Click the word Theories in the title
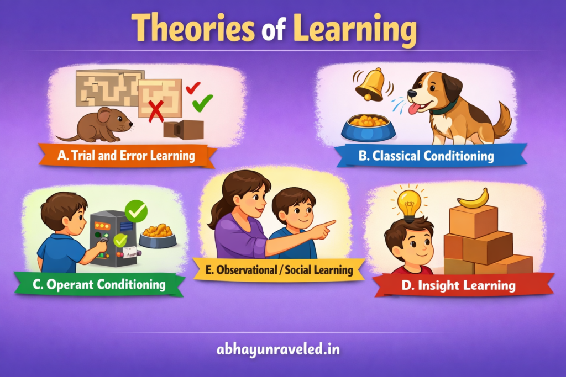(x=188, y=28)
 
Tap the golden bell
(x=370, y=84)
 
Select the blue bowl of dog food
(x=368, y=128)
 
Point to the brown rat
(x=99, y=126)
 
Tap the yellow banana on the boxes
(x=473, y=198)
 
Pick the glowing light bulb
(x=409, y=204)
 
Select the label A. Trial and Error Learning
(x=127, y=156)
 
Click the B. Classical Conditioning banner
(x=426, y=156)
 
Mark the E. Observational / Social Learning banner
(x=279, y=270)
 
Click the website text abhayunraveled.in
(x=282, y=349)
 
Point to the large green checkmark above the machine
(x=136, y=210)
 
